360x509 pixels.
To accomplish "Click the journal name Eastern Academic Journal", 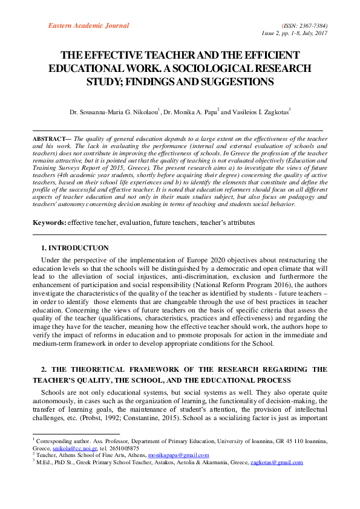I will click(88, 25).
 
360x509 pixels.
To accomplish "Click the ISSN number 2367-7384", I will click(310, 26).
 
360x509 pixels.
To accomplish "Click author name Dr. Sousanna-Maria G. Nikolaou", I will click(115, 111).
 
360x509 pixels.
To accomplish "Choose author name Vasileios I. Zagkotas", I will click(257, 111).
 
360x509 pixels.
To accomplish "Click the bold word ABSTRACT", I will click(51, 138).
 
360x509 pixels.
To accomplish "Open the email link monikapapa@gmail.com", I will click(180, 455).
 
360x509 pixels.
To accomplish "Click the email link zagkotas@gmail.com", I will click(277, 462).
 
